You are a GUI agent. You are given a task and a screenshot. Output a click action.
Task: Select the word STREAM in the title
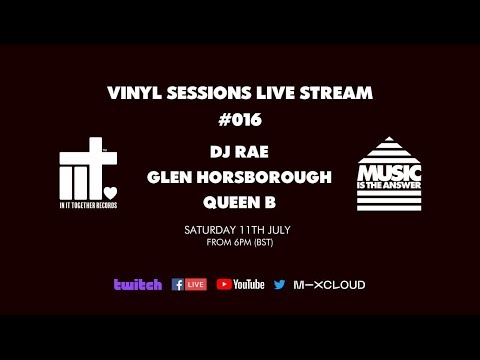click(x=337, y=93)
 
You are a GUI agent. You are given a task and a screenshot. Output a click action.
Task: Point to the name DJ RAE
click(x=240, y=153)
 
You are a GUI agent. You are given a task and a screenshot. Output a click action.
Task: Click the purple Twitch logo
click(x=138, y=284)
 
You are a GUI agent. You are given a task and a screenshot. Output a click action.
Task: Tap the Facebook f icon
click(x=178, y=284)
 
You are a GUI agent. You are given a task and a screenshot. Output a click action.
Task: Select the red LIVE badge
click(x=196, y=284)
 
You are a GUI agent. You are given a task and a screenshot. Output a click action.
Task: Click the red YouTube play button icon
click(x=224, y=284)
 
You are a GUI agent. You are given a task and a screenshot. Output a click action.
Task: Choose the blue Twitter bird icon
click(x=279, y=284)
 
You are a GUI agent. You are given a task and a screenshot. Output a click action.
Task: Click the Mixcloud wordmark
click(x=329, y=284)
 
